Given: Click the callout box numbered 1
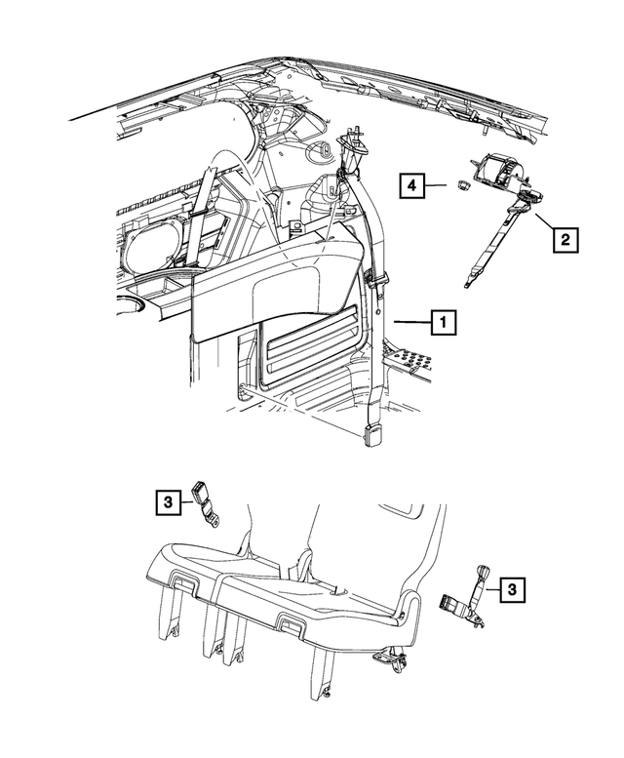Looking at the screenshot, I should [443, 320].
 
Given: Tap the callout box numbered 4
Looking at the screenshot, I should [412, 183].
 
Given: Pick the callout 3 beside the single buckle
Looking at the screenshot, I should [167, 502].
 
